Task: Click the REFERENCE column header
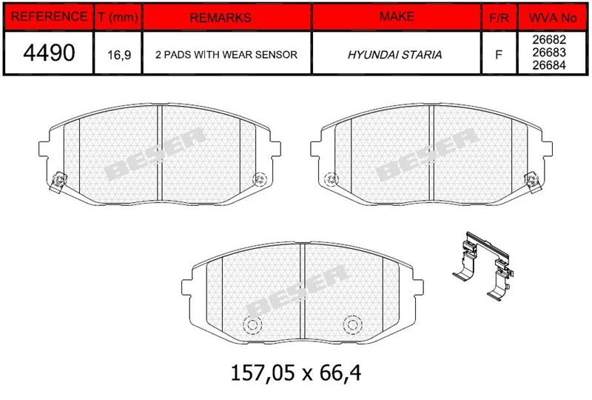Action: (x=49, y=16)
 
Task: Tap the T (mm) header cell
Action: (x=118, y=17)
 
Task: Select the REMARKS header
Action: (x=220, y=18)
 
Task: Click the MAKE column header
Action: (x=397, y=16)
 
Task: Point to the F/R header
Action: (x=499, y=18)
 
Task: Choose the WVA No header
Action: (x=553, y=18)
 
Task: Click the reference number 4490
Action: (x=49, y=52)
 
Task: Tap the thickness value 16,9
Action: (x=119, y=56)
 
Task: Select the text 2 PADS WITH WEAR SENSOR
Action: (x=226, y=54)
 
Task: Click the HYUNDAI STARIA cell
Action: (x=394, y=55)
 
